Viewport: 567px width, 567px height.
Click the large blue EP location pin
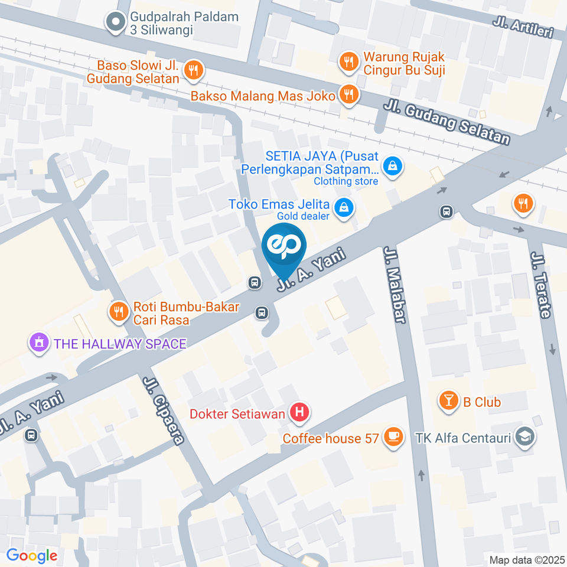284,247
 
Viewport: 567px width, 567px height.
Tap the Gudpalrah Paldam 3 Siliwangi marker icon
115,23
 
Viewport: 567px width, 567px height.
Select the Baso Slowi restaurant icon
193,71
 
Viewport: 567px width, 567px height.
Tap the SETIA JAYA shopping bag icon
392,167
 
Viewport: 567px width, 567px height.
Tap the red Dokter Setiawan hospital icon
299,413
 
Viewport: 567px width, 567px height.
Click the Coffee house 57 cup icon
392,438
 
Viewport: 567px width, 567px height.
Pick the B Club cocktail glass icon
450,402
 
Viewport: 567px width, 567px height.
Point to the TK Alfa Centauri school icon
523,438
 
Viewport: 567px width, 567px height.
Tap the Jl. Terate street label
541,285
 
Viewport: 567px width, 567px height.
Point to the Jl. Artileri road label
523,27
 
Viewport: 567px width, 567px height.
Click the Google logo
32,555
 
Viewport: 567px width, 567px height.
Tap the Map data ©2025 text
526,559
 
